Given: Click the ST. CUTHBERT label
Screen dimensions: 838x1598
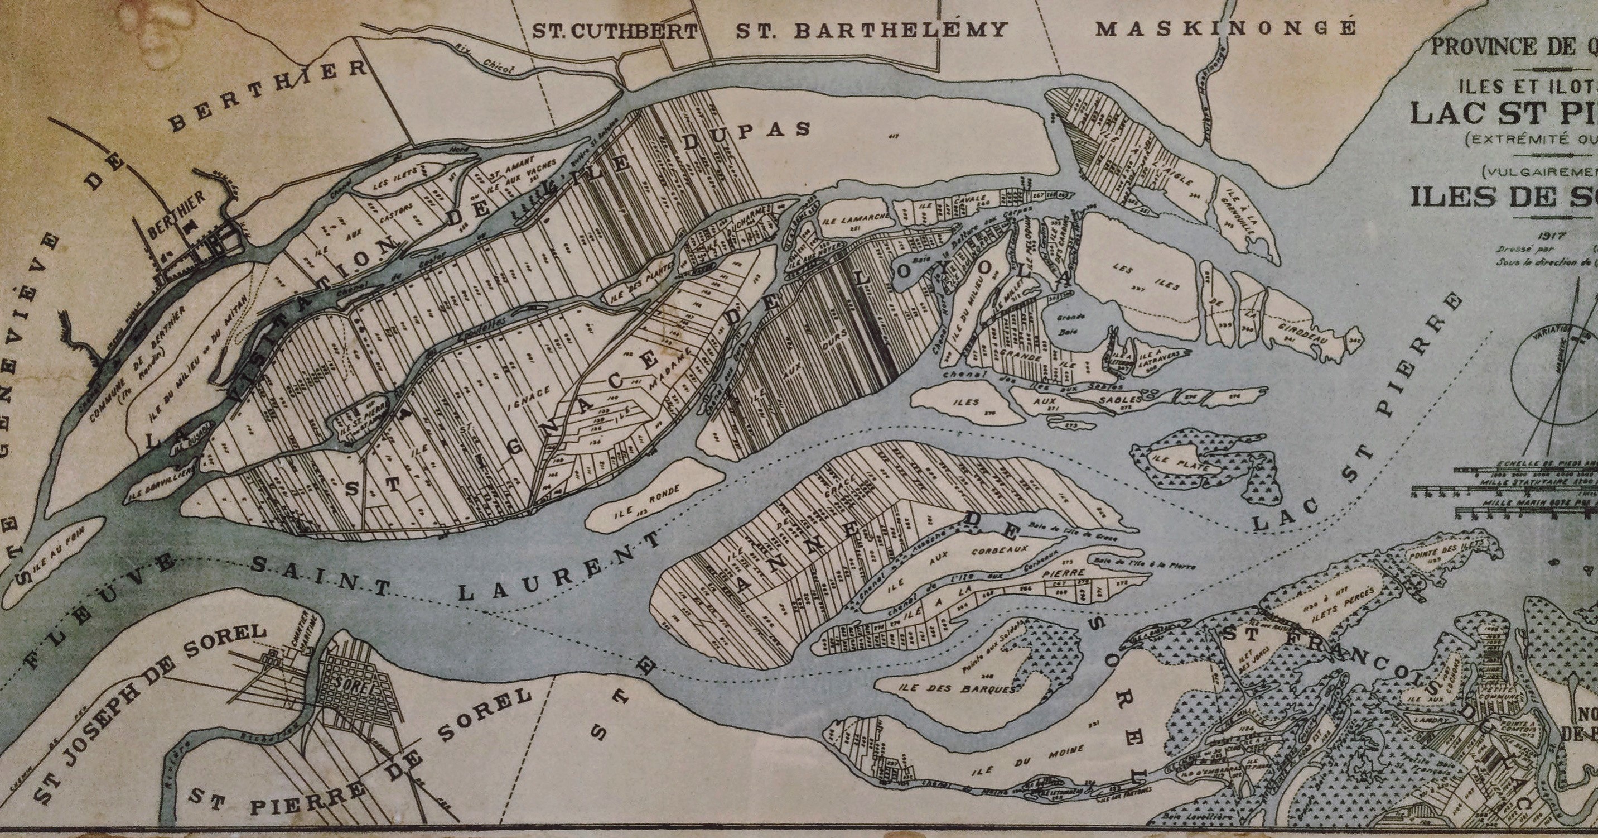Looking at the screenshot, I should point(614,32).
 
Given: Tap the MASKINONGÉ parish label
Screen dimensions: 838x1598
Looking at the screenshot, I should point(1225,29).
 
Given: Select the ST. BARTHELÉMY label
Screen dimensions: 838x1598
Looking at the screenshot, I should point(871,30).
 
